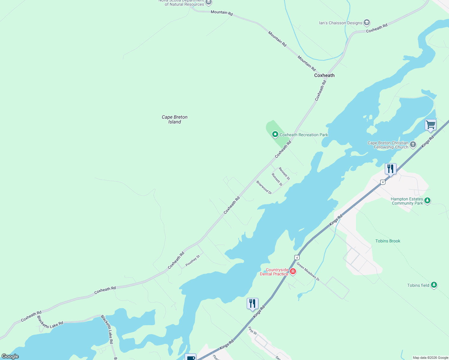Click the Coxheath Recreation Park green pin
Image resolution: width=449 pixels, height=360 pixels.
(x=275, y=134)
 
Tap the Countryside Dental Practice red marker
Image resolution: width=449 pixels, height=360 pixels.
(x=293, y=271)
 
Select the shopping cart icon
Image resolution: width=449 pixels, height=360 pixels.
(x=430, y=124)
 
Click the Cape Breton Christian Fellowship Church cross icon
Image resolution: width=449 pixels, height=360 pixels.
(x=413, y=145)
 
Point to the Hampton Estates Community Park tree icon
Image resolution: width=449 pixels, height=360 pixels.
(x=427, y=200)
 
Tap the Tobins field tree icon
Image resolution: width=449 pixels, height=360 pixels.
(x=434, y=285)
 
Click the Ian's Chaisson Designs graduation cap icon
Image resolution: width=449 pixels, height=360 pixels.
(x=366, y=22)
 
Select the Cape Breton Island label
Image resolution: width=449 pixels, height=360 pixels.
(x=175, y=119)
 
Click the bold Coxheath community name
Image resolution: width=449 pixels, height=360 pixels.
(x=324, y=75)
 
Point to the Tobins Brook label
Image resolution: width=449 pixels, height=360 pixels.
(x=388, y=241)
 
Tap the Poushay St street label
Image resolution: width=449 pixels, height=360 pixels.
(x=193, y=260)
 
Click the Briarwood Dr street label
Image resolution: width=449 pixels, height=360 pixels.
(x=264, y=187)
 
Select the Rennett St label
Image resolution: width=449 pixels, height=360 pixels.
(x=284, y=174)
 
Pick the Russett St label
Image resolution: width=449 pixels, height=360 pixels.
(x=277, y=180)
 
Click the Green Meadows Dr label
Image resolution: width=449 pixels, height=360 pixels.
(x=308, y=272)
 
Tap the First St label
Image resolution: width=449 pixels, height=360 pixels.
(x=252, y=331)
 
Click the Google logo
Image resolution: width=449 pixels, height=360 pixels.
(x=10, y=356)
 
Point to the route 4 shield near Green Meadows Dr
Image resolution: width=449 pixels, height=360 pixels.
(x=297, y=257)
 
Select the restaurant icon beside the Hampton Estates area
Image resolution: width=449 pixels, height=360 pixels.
(x=390, y=169)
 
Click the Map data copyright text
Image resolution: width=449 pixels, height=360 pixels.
(x=430, y=358)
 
